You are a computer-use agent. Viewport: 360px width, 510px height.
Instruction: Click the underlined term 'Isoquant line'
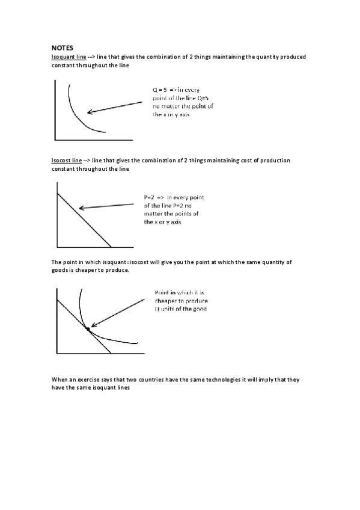click(67, 57)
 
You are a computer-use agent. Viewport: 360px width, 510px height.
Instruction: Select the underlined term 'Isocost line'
click(67, 161)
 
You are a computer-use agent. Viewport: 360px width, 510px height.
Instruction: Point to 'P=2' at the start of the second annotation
click(150, 197)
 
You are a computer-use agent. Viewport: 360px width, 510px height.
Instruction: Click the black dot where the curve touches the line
click(88, 329)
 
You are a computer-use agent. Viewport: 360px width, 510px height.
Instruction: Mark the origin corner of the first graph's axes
click(56, 138)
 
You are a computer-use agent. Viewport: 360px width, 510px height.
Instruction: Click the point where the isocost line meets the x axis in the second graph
click(111, 247)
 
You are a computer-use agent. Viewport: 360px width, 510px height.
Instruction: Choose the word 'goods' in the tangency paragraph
click(61, 270)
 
